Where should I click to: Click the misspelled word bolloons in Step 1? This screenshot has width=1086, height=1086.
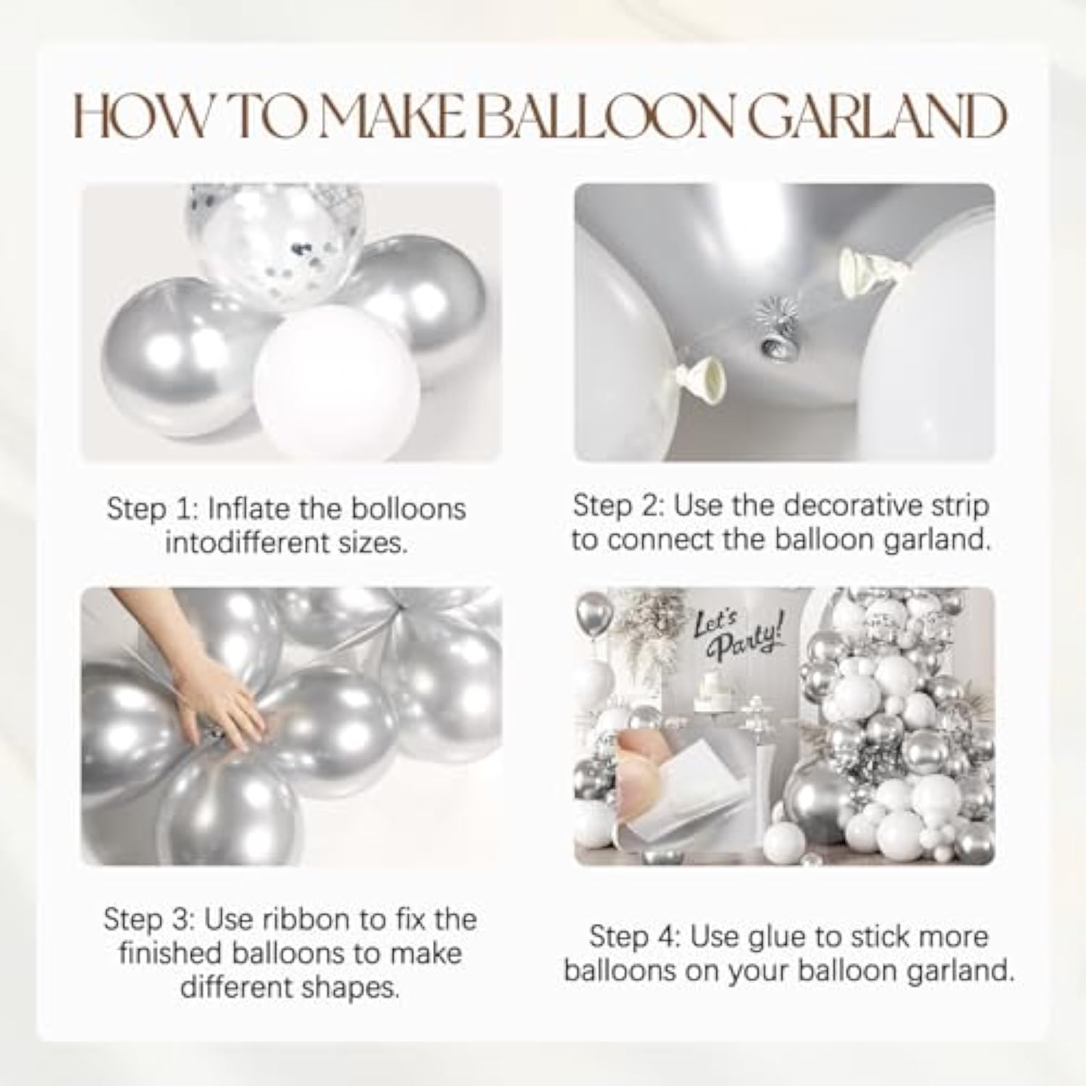(408, 509)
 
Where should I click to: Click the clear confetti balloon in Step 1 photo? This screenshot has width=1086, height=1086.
(275, 239)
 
